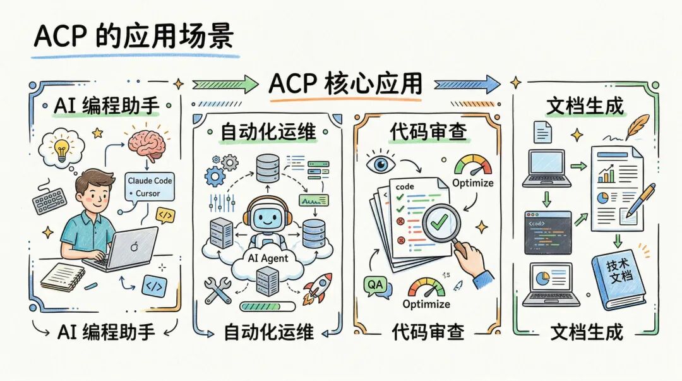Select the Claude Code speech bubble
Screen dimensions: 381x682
(149, 186)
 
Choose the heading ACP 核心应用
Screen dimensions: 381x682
(345, 84)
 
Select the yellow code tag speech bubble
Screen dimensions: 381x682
(165, 215)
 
